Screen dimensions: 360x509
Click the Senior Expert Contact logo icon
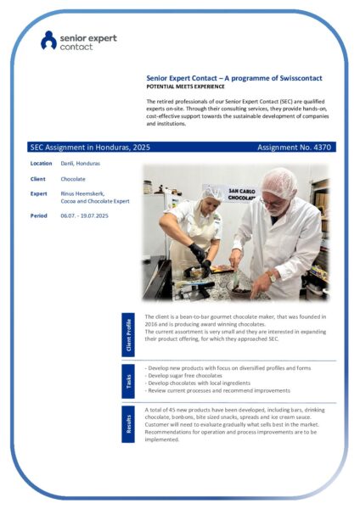click(x=48, y=40)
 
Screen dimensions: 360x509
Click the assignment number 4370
click(x=323, y=148)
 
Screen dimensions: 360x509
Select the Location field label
click(x=41, y=163)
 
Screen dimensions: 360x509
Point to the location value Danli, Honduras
click(x=81, y=163)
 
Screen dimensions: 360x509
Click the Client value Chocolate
click(x=73, y=179)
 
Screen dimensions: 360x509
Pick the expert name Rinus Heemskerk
click(x=82, y=193)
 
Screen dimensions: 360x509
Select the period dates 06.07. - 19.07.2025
click(x=84, y=215)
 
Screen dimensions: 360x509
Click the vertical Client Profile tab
click(x=128, y=335)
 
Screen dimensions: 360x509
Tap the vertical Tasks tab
click(x=128, y=382)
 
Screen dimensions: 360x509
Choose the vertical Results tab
click(x=128, y=424)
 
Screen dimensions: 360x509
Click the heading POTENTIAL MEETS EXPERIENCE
click(x=185, y=87)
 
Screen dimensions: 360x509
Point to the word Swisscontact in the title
click(x=301, y=78)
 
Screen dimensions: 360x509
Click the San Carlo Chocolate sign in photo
click(x=241, y=194)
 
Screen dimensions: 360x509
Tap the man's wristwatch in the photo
click(x=273, y=277)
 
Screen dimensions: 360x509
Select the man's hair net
click(x=278, y=182)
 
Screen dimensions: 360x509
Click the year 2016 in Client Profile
click(x=151, y=324)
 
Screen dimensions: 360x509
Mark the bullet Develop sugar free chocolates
click(x=183, y=376)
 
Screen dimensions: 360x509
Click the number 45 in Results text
click(x=172, y=410)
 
